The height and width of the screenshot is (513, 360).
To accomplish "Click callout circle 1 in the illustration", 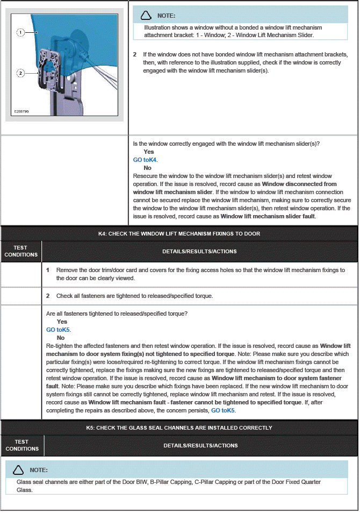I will click(20, 33).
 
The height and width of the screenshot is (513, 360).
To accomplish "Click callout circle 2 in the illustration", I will click(20, 73).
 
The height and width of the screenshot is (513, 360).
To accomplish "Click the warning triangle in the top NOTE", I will click(146, 16).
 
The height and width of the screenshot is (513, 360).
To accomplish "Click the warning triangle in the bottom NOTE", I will click(18, 470).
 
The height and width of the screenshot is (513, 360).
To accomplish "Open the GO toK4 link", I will click(145, 160).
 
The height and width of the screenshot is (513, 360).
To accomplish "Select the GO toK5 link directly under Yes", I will click(58, 330).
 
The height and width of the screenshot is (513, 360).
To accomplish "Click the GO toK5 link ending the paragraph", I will click(223, 410).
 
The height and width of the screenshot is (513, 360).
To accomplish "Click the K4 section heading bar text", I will click(179, 233).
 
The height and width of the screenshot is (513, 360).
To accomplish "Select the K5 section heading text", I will click(179, 427).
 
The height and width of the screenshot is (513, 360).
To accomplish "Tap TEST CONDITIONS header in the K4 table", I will click(21, 251).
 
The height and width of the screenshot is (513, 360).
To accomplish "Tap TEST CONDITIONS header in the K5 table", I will click(22, 445).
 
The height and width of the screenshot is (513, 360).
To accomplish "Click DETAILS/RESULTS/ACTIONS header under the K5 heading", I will click(200, 445).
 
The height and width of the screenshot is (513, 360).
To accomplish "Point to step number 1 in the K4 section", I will click(48, 270).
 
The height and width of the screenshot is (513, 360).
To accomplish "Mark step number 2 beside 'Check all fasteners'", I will click(48, 296).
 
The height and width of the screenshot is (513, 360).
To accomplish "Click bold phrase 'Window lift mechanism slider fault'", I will click(268, 216).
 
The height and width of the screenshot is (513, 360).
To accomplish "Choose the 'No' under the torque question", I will click(61, 338).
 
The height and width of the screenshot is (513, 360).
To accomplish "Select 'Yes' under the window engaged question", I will click(149, 152).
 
